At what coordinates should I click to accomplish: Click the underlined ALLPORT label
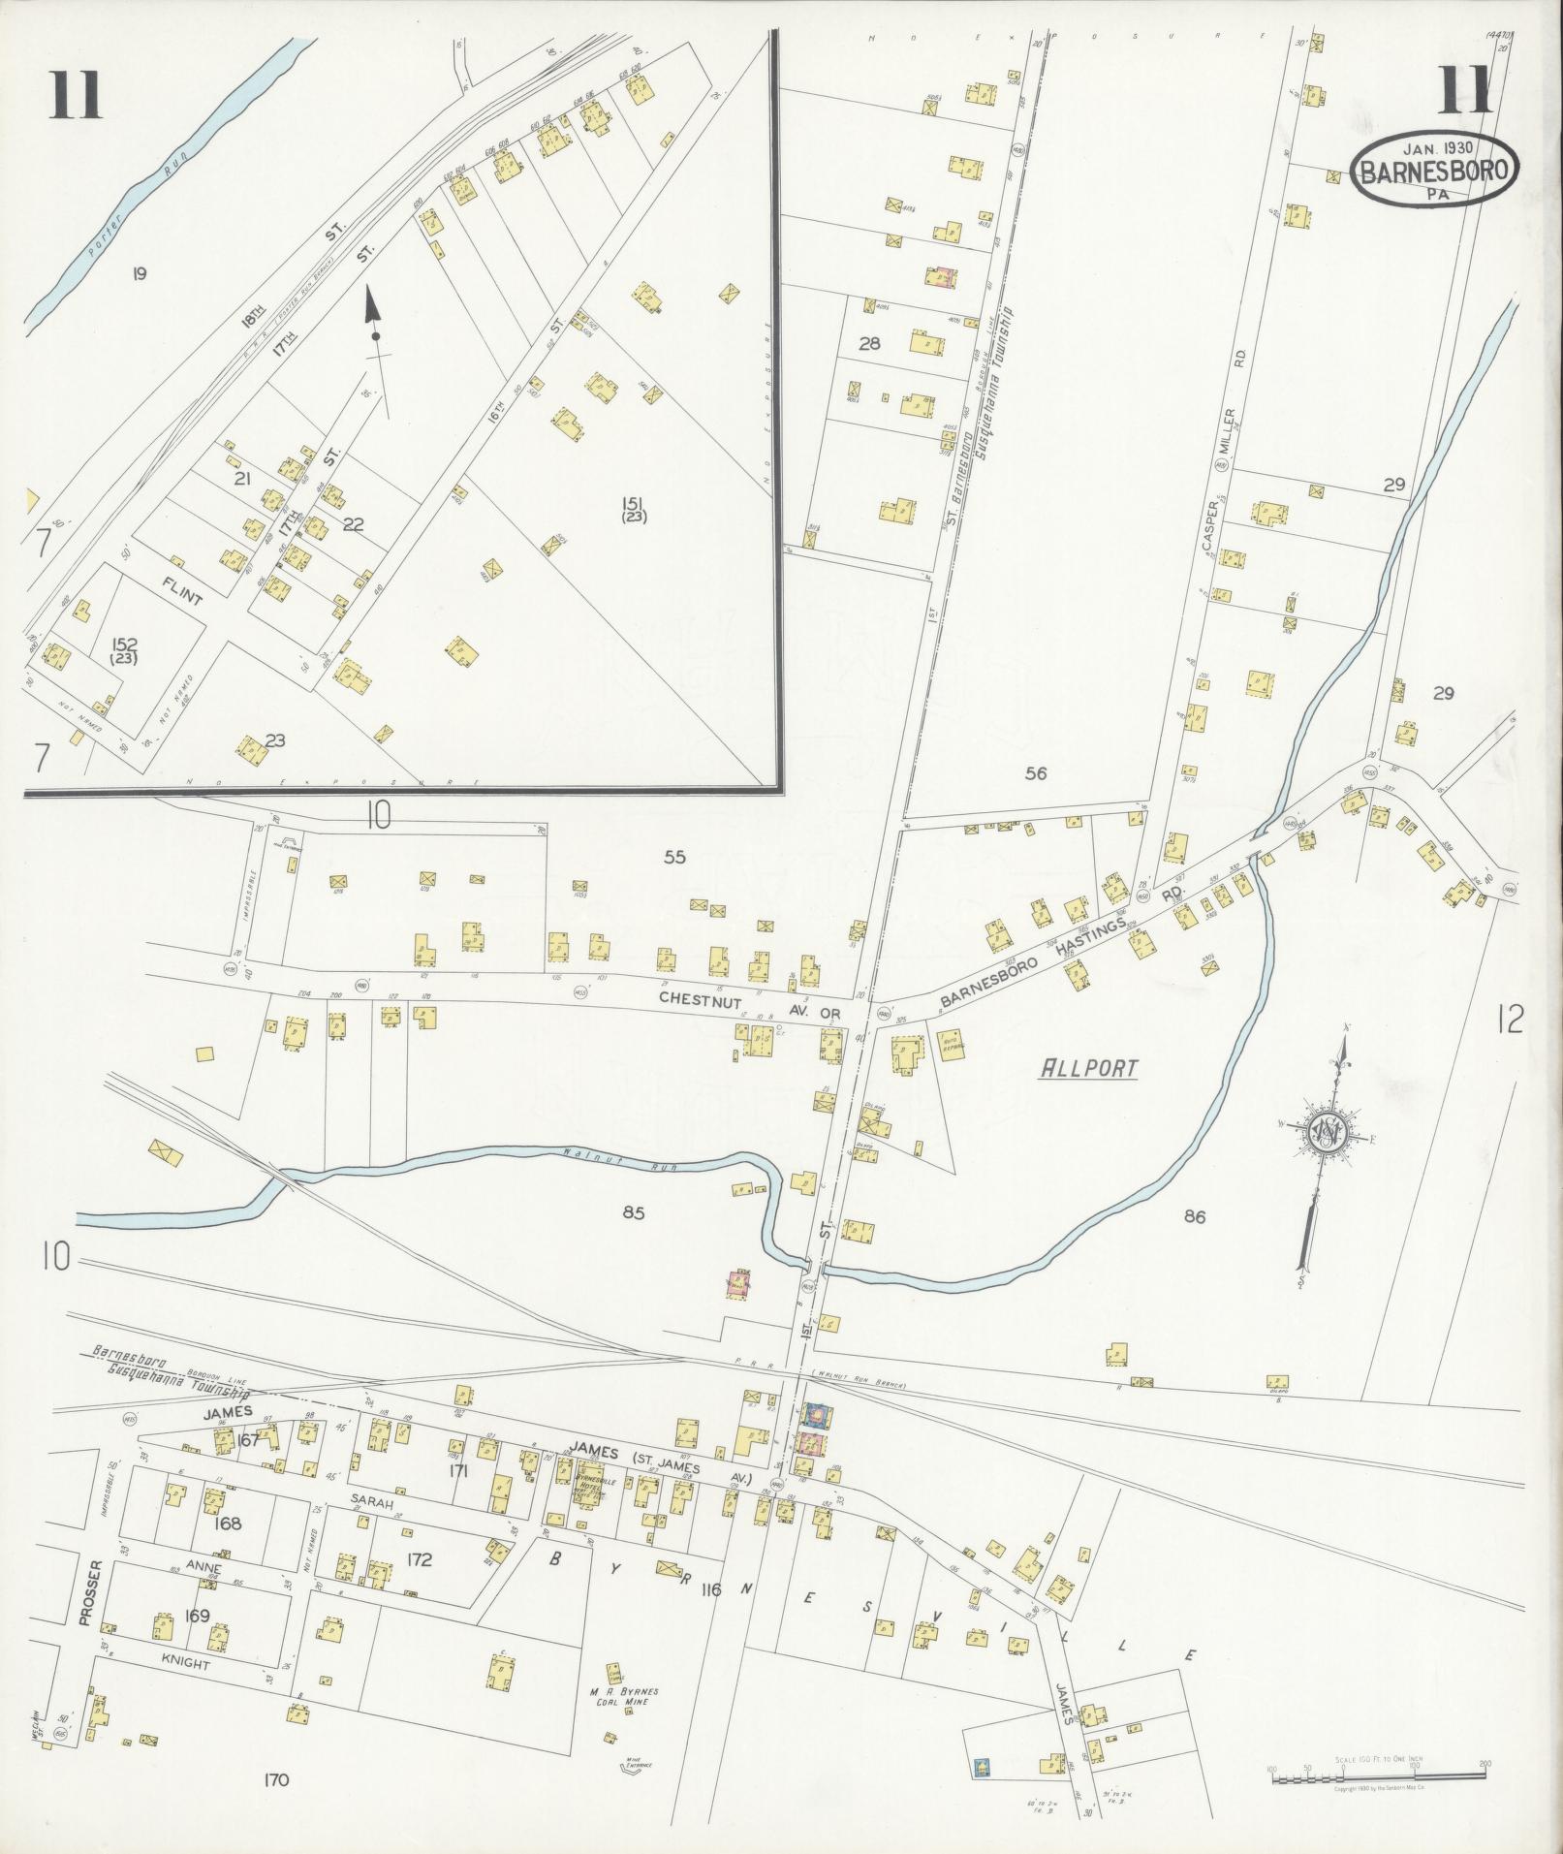click(1087, 1069)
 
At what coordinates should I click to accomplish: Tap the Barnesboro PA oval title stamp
click(1434, 170)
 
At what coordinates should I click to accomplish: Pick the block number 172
click(419, 1560)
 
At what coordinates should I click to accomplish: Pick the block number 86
click(1194, 1216)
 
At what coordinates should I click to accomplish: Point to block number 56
click(1036, 773)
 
